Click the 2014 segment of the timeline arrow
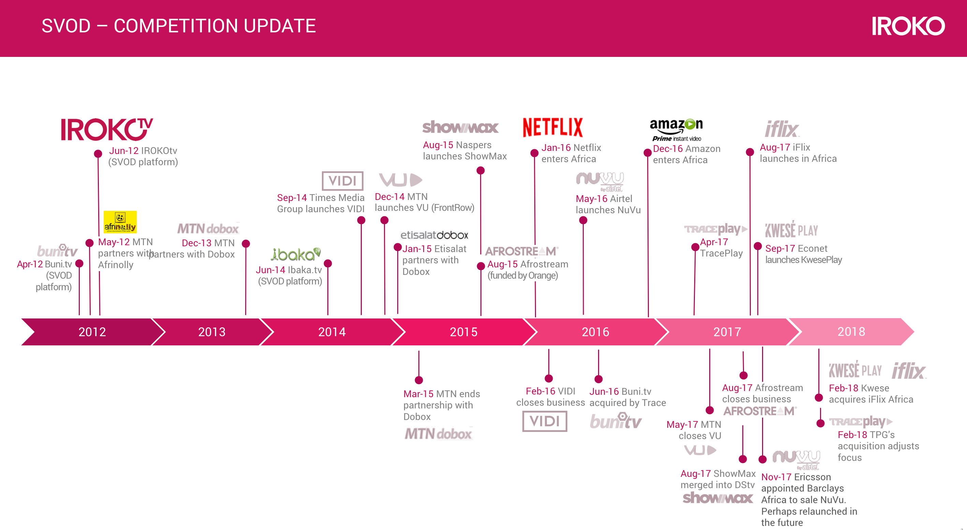tap(332, 331)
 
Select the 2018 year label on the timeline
tap(851, 331)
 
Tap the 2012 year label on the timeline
tap(92, 331)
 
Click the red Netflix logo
tap(553, 127)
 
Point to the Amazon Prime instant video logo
tap(676, 129)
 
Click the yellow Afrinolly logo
tap(120, 222)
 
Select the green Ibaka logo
tap(295, 254)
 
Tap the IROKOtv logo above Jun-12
tap(107, 129)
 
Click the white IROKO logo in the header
tap(908, 26)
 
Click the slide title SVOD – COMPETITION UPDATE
tap(178, 26)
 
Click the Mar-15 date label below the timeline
tap(418, 394)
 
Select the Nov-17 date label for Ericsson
tap(776, 477)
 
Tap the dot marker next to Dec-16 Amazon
tap(648, 153)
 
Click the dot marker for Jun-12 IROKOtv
tap(98, 154)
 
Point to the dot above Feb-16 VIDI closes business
tap(549, 378)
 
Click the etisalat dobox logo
tap(434, 235)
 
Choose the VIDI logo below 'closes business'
tap(545, 421)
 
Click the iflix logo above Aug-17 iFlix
tap(782, 129)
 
